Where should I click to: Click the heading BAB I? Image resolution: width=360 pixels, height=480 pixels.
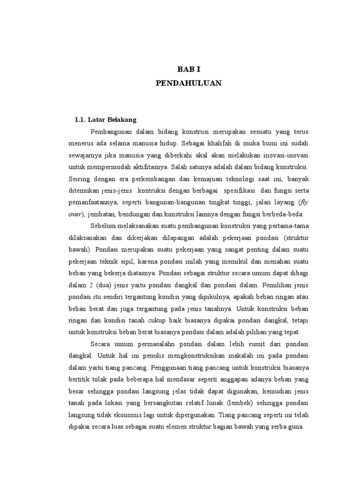[x=188, y=69]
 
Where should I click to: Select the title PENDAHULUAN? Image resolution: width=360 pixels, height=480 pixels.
[x=188, y=83]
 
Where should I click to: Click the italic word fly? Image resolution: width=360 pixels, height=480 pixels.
[x=304, y=202]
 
